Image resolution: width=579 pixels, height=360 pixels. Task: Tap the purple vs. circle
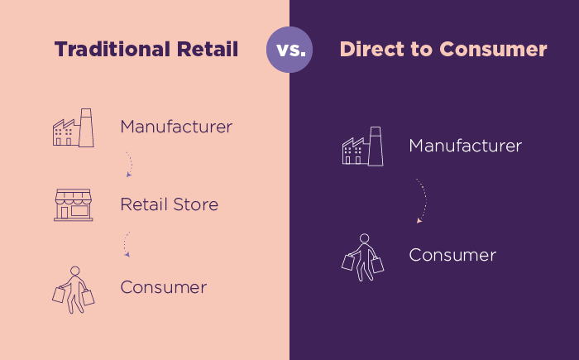289,50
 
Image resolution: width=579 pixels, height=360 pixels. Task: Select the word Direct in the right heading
369,50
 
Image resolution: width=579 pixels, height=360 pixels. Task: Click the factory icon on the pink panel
73,128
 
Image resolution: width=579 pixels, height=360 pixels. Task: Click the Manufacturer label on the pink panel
176,127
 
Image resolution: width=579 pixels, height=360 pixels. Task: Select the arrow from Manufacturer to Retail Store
129,164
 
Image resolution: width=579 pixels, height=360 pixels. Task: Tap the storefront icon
73,204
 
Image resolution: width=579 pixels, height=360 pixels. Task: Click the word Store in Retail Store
195,204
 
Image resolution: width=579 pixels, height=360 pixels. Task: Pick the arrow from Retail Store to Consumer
126,243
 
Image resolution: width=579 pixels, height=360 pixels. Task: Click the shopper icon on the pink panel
74,289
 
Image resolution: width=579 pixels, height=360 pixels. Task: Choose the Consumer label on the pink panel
163,288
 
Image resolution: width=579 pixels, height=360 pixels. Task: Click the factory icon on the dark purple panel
362,147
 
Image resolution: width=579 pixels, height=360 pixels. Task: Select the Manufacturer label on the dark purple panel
465,146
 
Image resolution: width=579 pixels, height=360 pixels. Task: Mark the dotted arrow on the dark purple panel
422,201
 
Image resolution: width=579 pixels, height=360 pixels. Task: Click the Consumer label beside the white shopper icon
452,255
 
